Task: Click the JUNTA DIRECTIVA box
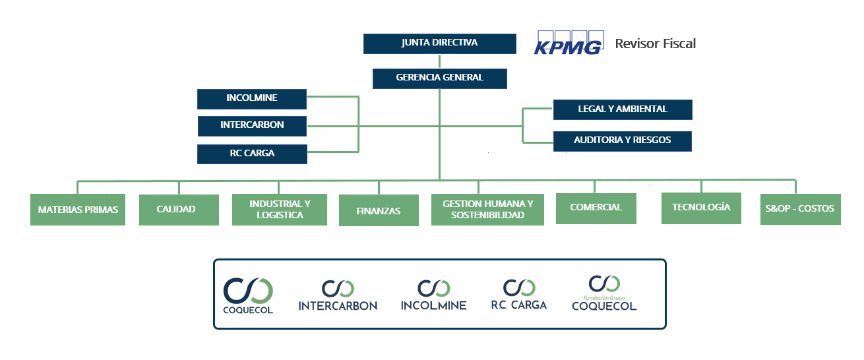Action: (440, 44)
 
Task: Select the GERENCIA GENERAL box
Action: (440, 78)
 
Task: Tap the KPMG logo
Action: (569, 43)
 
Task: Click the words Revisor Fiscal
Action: (656, 44)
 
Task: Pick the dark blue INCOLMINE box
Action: (252, 99)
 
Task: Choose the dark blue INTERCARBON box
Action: (252, 126)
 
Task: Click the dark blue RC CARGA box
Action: (252, 154)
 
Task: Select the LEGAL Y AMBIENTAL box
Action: (623, 110)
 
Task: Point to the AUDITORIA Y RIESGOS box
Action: (623, 141)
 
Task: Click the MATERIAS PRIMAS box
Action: (78, 210)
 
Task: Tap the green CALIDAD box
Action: (179, 210)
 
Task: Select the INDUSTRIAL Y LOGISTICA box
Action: (280, 210)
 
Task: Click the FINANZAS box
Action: (379, 210)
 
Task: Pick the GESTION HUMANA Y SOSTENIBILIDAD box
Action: (487, 210)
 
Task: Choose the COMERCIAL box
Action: (596, 208)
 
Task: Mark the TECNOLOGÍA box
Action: (701, 208)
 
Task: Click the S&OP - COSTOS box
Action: (801, 209)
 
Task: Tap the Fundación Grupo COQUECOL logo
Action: (604, 293)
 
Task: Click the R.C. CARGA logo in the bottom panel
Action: (519, 295)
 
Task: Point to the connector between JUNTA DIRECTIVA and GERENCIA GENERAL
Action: (440, 61)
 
